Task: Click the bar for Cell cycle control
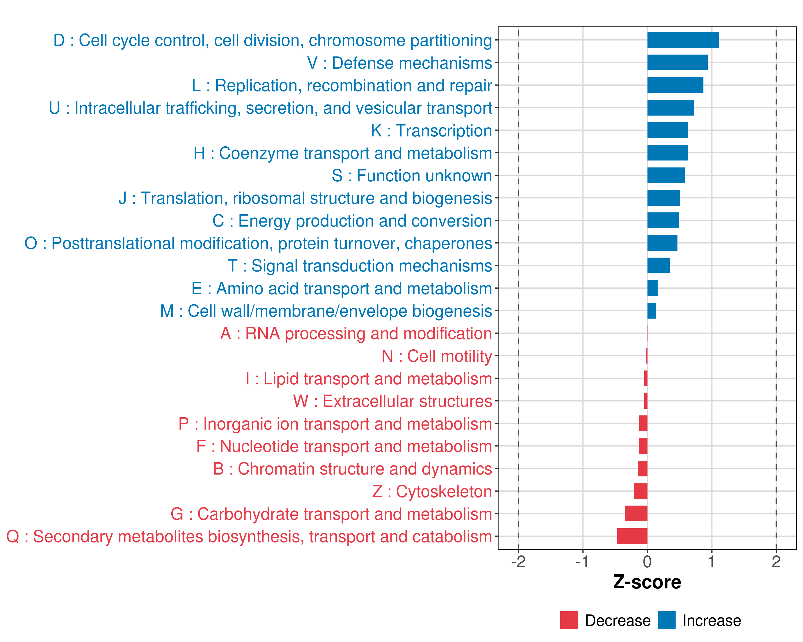[x=683, y=40]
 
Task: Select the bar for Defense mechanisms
[x=677, y=63]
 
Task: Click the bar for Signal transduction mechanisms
[x=658, y=266]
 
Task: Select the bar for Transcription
[x=668, y=130]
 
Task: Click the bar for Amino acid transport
[x=653, y=288]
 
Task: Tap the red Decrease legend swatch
[x=569, y=620]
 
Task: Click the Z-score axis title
[x=647, y=582]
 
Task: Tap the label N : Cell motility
[x=437, y=356]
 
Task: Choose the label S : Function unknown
[x=412, y=176]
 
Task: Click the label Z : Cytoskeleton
[x=432, y=491]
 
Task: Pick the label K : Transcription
[x=431, y=131]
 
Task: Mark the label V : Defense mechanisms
[x=399, y=63]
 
